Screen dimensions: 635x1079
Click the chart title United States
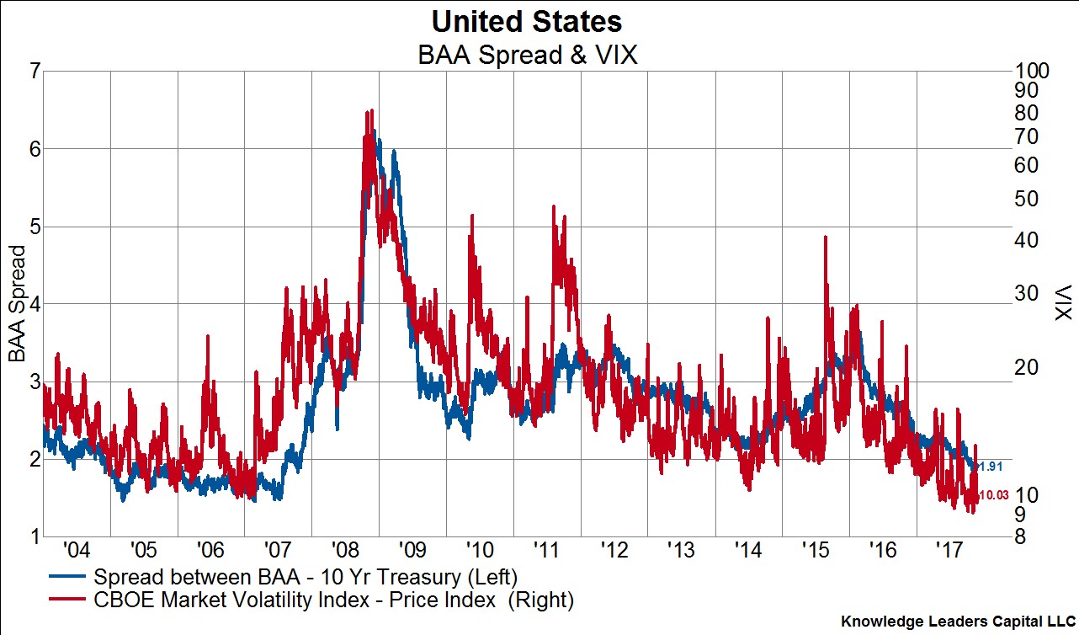coord(527,20)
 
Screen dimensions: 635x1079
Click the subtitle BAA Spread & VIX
coord(528,56)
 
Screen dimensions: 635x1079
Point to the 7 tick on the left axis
coord(34,71)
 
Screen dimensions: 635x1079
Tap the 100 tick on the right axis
coord(1032,71)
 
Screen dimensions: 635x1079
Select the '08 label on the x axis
coord(344,551)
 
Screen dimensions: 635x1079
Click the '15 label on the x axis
coord(816,551)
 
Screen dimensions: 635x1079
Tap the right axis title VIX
coord(1062,301)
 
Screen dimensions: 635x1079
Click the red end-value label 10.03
coord(994,496)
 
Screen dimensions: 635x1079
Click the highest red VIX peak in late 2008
coord(370,111)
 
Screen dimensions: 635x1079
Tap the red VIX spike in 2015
coord(825,237)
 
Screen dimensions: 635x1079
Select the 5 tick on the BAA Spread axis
coord(34,227)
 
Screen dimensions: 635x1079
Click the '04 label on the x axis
coord(76,551)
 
